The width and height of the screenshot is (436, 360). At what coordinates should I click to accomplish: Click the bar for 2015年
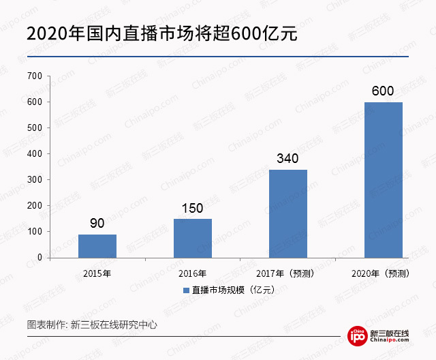tap(97, 245)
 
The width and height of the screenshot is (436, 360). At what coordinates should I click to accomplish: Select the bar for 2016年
tap(193, 238)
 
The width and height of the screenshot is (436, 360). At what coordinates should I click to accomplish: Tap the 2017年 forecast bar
tap(288, 213)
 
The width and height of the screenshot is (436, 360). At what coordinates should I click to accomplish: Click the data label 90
tap(97, 224)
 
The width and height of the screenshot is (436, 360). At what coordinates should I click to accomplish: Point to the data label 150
tap(193, 208)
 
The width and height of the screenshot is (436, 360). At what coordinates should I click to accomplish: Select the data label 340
tap(288, 159)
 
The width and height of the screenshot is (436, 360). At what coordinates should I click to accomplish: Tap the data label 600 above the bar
tap(384, 91)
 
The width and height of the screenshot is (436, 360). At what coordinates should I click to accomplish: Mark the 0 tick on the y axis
tap(40, 257)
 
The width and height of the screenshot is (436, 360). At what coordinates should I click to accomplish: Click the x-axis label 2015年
tap(97, 273)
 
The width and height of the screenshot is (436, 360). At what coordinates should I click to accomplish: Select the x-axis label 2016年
tap(193, 273)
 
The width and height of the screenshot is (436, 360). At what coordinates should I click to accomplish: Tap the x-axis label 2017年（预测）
tap(288, 273)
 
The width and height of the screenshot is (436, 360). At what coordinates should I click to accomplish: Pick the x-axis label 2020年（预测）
tap(384, 273)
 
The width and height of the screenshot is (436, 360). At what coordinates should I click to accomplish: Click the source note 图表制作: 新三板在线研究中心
tap(92, 325)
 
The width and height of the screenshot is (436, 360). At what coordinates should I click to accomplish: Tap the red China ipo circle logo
tap(358, 335)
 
